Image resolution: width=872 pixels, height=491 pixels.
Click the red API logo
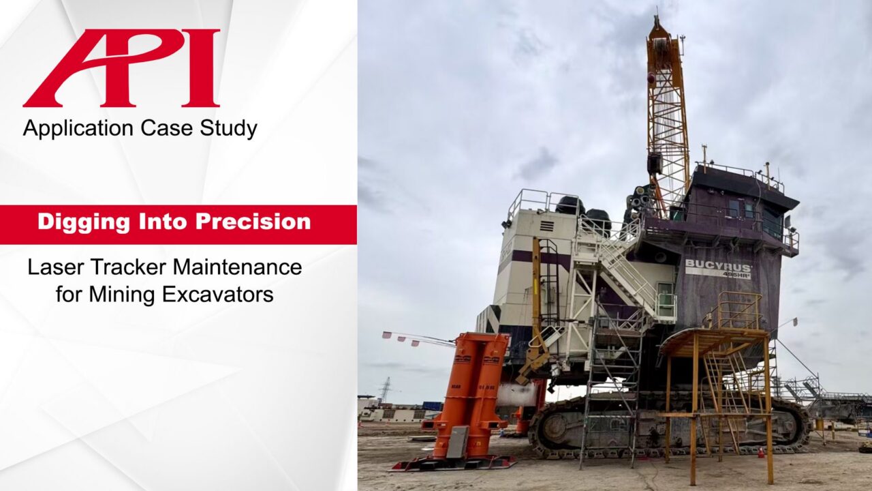coord(121,68)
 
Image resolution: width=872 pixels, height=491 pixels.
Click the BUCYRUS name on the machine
coord(717,265)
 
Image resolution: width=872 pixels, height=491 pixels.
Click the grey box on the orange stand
coord(457,442)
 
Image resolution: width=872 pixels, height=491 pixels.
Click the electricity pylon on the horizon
coord(386,389)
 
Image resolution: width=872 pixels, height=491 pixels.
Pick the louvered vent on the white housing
coord(546,226)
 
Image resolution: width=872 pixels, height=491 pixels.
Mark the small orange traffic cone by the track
coord(761,451)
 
